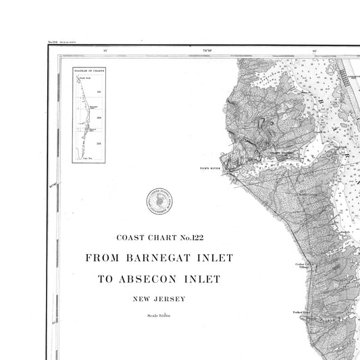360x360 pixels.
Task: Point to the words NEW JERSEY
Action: click(x=159, y=299)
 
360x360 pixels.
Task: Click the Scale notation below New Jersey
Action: click(x=159, y=316)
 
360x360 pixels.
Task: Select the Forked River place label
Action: click(x=301, y=313)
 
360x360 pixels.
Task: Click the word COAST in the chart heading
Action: click(x=132, y=237)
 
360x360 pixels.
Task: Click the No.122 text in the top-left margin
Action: click(x=52, y=42)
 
